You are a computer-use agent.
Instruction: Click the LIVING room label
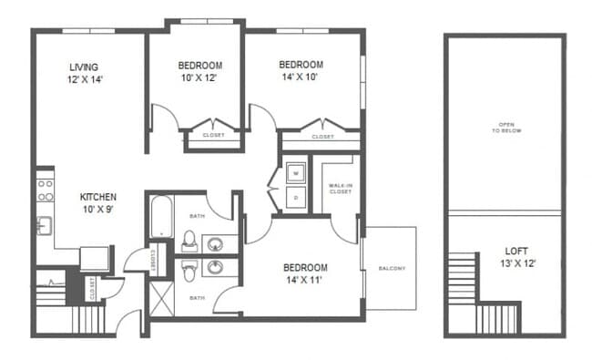(x=84, y=73)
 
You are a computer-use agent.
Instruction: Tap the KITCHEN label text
(x=97, y=203)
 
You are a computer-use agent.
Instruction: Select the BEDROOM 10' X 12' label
(x=199, y=71)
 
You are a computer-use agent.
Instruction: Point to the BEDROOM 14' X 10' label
(x=301, y=70)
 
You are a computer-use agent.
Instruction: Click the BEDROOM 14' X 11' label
(x=305, y=273)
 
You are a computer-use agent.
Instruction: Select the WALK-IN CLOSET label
(x=340, y=190)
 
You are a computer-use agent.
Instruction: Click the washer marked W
(x=295, y=171)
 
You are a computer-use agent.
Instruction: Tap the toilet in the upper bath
(x=189, y=242)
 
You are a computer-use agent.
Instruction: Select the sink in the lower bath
(x=216, y=268)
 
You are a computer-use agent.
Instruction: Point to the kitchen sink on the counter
(x=42, y=224)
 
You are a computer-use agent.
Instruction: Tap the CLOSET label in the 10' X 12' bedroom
(x=213, y=136)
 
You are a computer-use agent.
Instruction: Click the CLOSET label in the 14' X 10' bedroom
(x=322, y=137)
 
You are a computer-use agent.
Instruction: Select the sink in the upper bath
(x=216, y=243)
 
